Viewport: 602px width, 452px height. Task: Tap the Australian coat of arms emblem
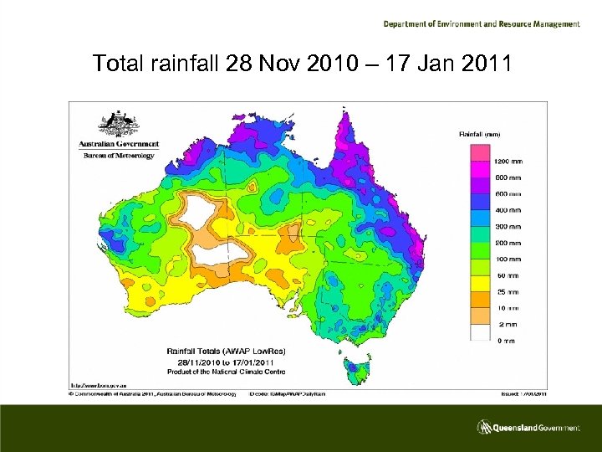(x=117, y=125)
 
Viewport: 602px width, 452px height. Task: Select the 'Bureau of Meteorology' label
(x=116, y=155)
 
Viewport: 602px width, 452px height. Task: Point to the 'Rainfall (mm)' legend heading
(x=481, y=133)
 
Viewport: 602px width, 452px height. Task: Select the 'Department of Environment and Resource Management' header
(x=482, y=24)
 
